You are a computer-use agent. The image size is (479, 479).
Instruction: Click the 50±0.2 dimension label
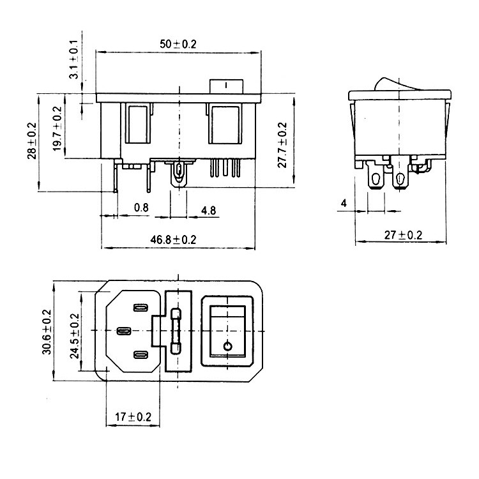178,44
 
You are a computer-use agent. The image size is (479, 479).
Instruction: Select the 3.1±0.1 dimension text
73,59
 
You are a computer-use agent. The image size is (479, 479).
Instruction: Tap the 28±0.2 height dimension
32,141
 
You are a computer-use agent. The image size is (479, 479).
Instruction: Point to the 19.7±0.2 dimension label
57,128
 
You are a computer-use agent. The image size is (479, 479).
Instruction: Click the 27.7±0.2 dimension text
282,145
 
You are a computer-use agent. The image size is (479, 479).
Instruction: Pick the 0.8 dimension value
141,208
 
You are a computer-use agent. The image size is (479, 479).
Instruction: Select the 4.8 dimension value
208,211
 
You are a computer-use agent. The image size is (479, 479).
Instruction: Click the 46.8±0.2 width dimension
173,240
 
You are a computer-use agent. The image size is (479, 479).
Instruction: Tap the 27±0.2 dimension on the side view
403,235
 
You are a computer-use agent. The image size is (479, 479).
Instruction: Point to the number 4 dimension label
344,203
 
